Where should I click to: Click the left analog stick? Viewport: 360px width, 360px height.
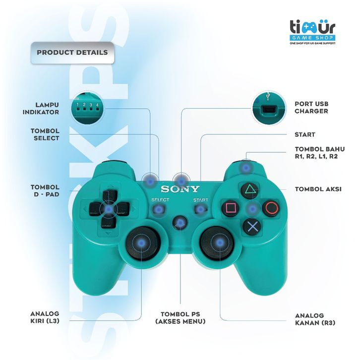tap(141, 242)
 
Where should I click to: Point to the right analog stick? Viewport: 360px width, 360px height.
tap(218, 242)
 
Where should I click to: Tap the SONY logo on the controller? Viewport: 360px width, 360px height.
tap(180, 189)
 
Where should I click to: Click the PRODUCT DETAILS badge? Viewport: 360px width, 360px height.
tap(72, 53)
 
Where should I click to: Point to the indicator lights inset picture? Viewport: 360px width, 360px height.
tap(88, 108)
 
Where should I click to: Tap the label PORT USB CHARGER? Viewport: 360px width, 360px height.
tap(311, 108)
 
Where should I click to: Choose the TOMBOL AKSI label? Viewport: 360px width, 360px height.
tap(318, 189)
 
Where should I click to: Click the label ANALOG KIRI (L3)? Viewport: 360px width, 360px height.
tap(45, 317)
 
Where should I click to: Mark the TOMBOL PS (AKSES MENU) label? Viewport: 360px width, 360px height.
tap(180, 318)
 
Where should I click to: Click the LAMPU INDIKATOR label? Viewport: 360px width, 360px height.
tap(41, 108)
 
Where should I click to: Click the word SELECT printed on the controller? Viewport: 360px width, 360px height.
tap(160, 200)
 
